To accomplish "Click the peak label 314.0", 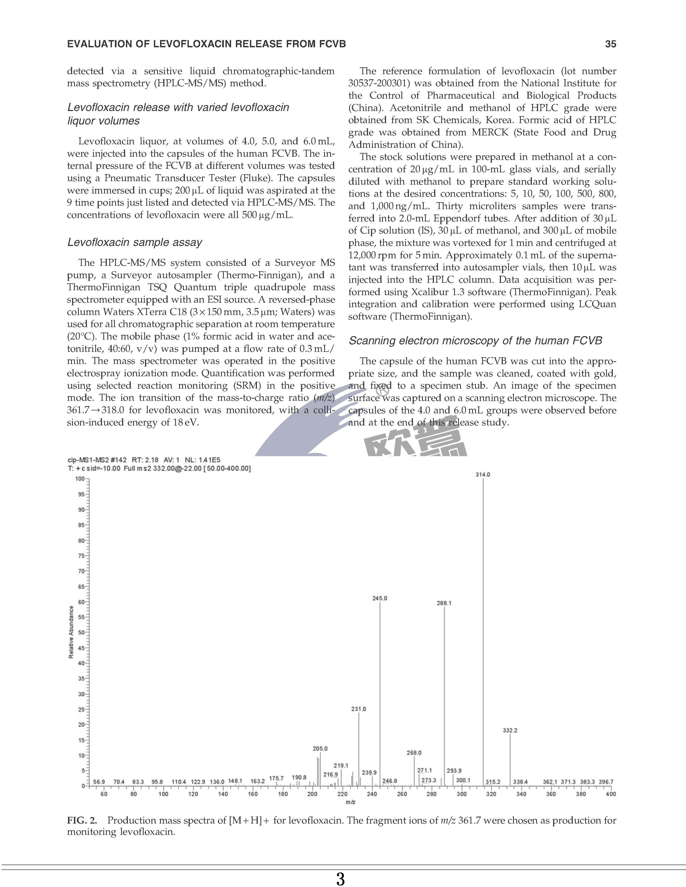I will pyautogui.click(x=483, y=474).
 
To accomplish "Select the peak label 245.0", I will pyautogui.click(x=380, y=598).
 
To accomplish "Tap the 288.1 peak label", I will pyautogui.click(x=444, y=603).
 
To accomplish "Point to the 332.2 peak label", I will pyautogui.click(x=510, y=730).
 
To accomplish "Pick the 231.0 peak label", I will pyautogui.click(x=358, y=709).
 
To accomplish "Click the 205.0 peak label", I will pyautogui.click(x=320, y=749).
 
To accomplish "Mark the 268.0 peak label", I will pyautogui.click(x=414, y=753).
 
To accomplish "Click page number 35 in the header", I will pyautogui.click(x=610, y=44).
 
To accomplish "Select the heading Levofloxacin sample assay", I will pyautogui.click(x=135, y=242).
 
